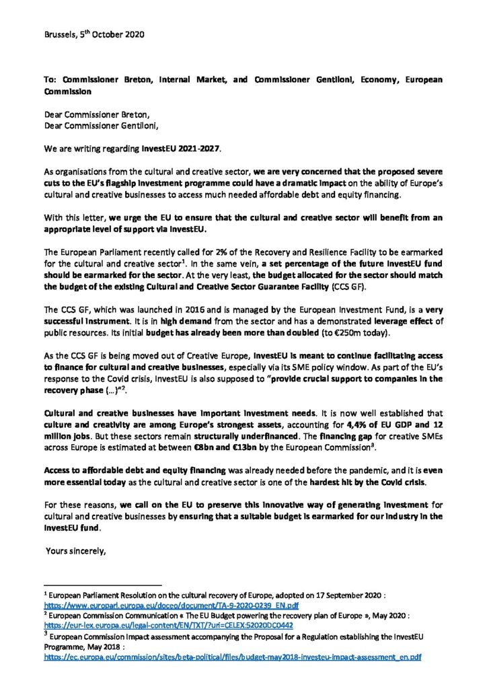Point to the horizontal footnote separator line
tap(102, 585)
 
